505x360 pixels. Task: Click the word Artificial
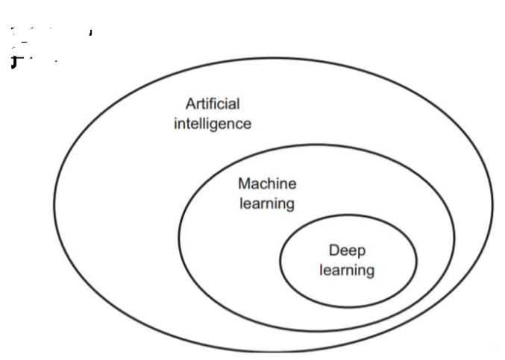pos(213,104)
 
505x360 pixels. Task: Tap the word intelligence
pos(213,124)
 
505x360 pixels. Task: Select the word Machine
pos(266,183)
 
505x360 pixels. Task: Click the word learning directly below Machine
pos(266,203)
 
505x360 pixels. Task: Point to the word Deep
pos(347,250)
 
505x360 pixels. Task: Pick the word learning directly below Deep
pos(347,270)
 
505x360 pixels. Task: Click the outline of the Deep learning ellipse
pos(280,261)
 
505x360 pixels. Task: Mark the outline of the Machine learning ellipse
pos(179,237)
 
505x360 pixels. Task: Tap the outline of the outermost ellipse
pos(54,201)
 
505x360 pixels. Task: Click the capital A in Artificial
pos(191,104)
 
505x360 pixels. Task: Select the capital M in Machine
pos(244,183)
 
